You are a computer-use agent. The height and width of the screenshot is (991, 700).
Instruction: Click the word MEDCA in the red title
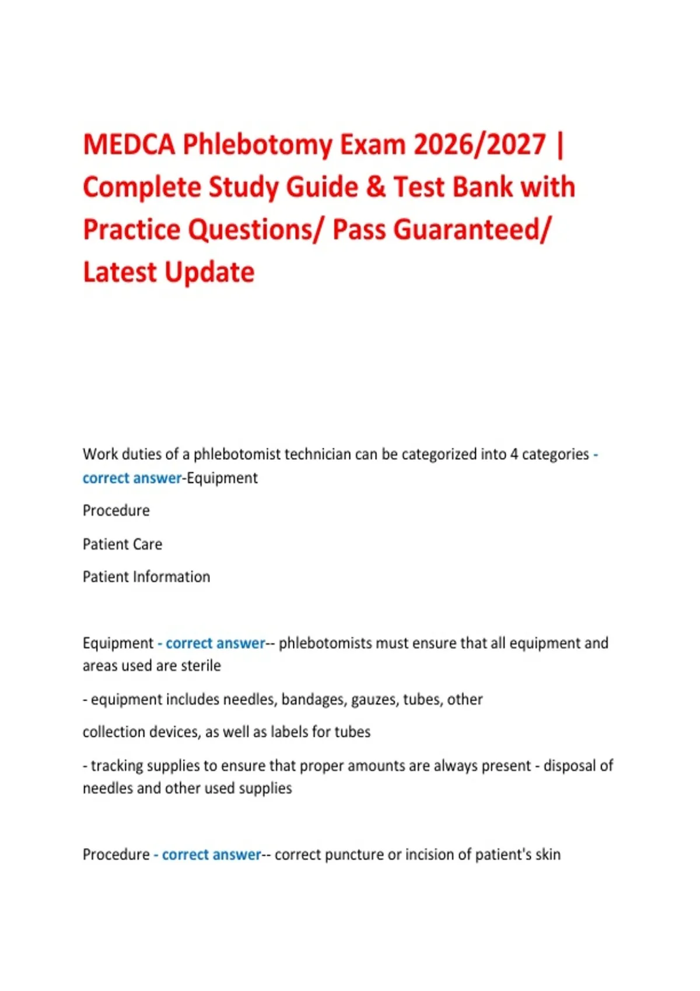pyautogui.click(x=129, y=144)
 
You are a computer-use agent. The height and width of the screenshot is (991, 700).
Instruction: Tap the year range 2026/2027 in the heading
pyautogui.click(x=480, y=144)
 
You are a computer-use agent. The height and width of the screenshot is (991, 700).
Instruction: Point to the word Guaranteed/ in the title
pyautogui.click(x=441, y=230)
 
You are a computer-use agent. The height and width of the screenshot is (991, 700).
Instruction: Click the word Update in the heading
pyautogui.click(x=209, y=272)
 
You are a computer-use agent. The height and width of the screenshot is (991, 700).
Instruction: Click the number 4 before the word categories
pyautogui.click(x=514, y=454)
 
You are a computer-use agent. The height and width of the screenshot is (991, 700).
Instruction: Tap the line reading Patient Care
pyautogui.click(x=123, y=544)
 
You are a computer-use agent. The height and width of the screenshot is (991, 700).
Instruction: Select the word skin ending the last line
pyautogui.click(x=548, y=855)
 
